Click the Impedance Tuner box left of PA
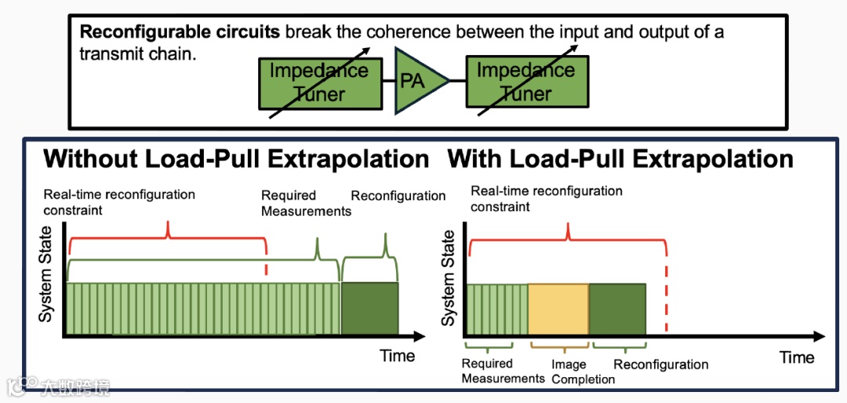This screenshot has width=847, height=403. pos(319,82)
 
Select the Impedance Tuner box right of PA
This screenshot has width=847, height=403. pos(525,82)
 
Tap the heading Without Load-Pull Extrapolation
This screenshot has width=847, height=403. pos(236,159)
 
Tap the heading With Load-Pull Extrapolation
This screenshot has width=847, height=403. pos(620,159)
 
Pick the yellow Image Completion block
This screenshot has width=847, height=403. pos(558,310)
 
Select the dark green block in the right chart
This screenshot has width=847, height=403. pos(617,310)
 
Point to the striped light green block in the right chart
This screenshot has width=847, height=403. pos(497,310)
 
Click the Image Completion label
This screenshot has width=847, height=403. pos(583,372)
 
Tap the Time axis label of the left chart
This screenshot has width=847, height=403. pos(397,356)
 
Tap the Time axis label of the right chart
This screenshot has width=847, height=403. pos(797,357)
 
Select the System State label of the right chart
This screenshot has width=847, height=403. pos(448,278)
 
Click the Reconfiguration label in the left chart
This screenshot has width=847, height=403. pos(398,196)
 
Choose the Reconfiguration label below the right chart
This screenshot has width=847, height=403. pos(660,365)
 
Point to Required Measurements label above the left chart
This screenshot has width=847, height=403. pos(306,203)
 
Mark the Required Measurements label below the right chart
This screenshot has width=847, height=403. pos(502,371)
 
